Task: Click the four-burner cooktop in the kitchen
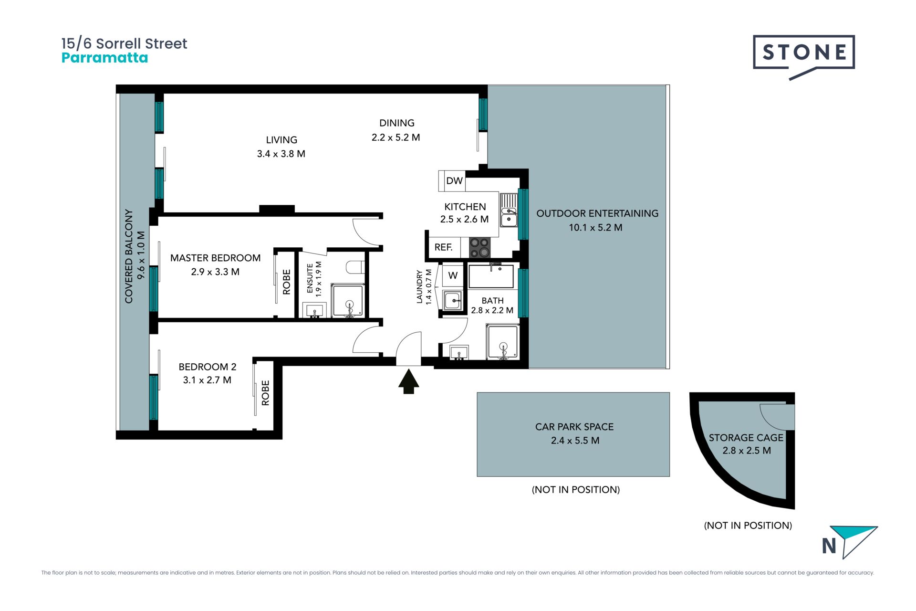pyautogui.click(x=479, y=247)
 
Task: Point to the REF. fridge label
pyautogui.click(x=443, y=247)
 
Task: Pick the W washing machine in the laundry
pyautogui.click(x=453, y=275)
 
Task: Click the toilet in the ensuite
pyautogui.click(x=355, y=267)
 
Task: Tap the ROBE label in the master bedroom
pyautogui.click(x=286, y=282)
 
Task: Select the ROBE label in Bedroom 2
pyautogui.click(x=265, y=393)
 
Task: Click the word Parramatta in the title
pyautogui.click(x=105, y=58)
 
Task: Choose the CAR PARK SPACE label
pyautogui.click(x=574, y=427)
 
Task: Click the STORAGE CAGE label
pyautogui.click(x=746, y=438)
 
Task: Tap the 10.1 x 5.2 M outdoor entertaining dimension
pyautogui.click(x=595, y=228)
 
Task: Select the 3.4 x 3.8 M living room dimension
pyautogui.click(x=281, y=154)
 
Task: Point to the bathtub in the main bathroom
pyautogui.click(x=491, y=276)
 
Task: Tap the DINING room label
pyautogui.click(x=397, y=123)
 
